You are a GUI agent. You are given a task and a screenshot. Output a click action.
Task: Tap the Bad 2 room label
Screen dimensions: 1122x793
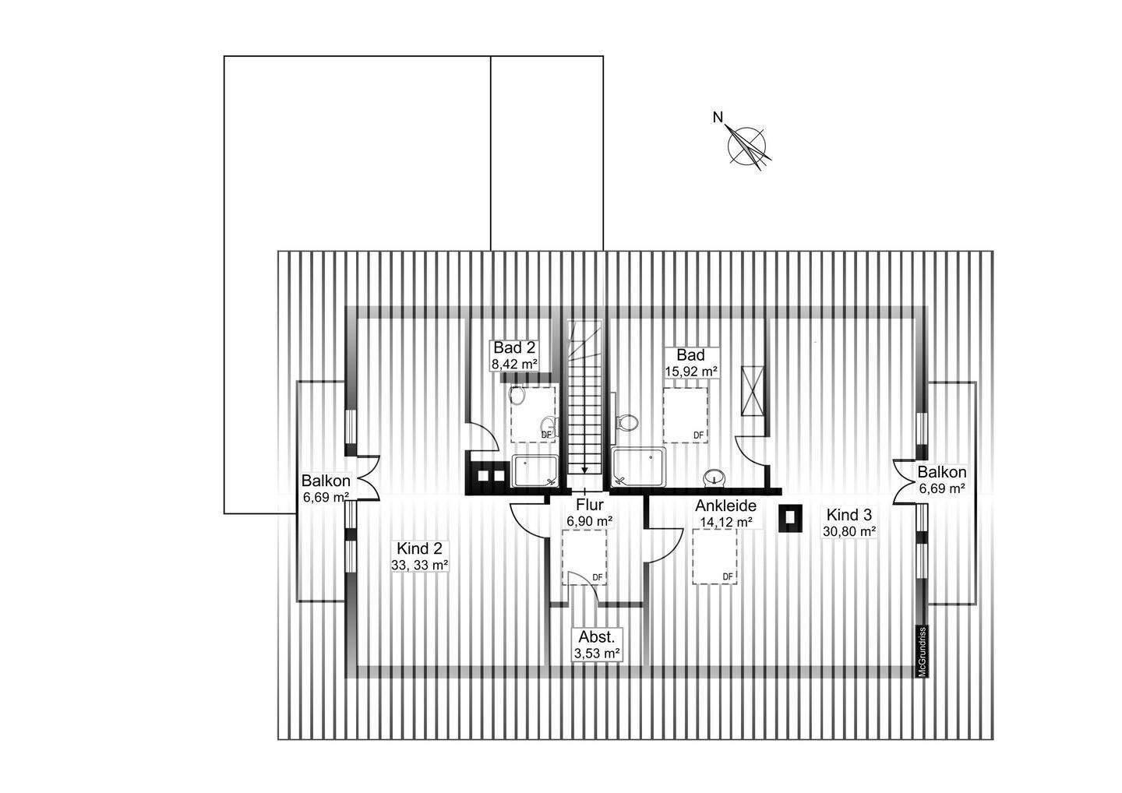tap(513, 347)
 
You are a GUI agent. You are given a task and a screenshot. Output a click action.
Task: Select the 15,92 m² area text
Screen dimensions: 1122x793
tap(690, 372)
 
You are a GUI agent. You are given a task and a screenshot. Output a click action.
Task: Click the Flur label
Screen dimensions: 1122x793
tap(589, 505)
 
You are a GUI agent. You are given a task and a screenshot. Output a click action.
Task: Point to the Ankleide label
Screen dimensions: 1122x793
tap(725, 506)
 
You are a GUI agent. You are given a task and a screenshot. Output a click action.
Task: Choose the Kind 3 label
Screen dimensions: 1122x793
tap(849, 515)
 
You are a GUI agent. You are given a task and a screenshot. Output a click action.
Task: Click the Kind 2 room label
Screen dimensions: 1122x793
tap(419, 547)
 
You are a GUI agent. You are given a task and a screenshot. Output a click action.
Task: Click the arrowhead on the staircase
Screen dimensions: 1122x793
tap(584, 469)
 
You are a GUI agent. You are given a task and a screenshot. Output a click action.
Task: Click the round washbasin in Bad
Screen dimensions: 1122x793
tap(713, 476)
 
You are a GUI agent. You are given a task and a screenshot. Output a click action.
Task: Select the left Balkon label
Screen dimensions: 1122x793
tap(326, 481)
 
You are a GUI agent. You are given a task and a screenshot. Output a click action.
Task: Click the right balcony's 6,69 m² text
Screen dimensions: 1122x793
tap(942, 488)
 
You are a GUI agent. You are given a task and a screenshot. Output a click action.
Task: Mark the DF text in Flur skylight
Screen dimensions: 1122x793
tap(598, 577)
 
